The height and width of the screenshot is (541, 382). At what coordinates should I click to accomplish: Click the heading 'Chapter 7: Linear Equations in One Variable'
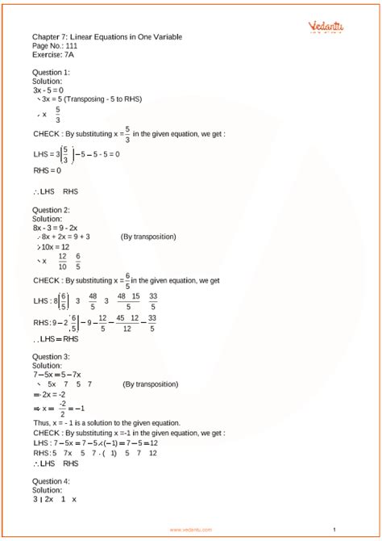(107, 37)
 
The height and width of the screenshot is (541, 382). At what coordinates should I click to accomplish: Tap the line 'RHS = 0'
(48, 170)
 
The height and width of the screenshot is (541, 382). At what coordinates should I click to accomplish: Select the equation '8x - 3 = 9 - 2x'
(61, 229)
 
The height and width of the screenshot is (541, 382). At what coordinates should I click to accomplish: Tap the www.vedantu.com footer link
(191, 530)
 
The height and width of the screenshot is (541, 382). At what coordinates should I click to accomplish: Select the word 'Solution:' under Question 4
(48, 490)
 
